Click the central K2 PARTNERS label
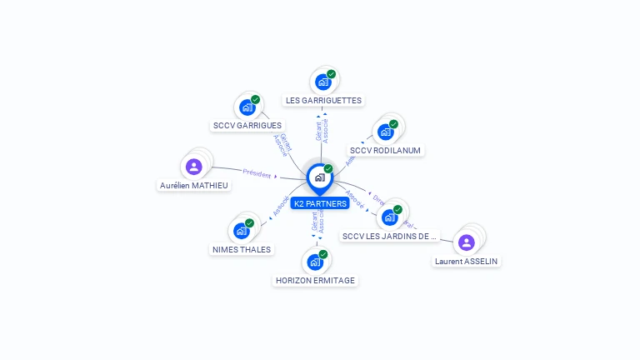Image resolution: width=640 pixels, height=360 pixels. point(320,203)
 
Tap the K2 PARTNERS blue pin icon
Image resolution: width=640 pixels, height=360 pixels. point(319,177)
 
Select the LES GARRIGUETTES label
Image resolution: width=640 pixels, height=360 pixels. point(323,101)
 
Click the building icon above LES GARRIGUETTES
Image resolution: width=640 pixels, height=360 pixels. point(322,82)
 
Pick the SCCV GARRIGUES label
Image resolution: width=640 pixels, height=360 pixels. point(247,126)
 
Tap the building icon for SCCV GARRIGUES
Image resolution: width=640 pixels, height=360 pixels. point(247,107)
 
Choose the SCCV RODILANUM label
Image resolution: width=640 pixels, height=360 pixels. point(386,151)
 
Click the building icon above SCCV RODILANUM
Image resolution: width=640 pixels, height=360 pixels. point(385,132)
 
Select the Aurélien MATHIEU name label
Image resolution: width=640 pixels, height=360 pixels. point(194,186)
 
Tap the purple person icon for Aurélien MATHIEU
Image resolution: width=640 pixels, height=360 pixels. point(194,167)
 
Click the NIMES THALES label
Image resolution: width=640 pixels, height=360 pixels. point(241,249)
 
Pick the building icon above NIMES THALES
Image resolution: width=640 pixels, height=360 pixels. point(241,230)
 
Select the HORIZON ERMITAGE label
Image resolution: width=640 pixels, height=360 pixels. point(316,281)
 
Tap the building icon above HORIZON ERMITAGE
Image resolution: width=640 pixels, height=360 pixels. point(315,262)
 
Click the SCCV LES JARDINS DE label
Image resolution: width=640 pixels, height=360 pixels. point(390,237)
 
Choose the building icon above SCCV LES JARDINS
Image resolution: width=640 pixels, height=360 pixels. point(389,217)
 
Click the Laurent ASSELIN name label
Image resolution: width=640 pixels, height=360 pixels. point(467,262)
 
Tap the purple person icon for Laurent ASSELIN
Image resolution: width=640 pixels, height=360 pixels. point(467,242)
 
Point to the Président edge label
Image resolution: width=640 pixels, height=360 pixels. point(257,173)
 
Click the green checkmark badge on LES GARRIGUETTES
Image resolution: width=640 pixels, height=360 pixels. point(331,74)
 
